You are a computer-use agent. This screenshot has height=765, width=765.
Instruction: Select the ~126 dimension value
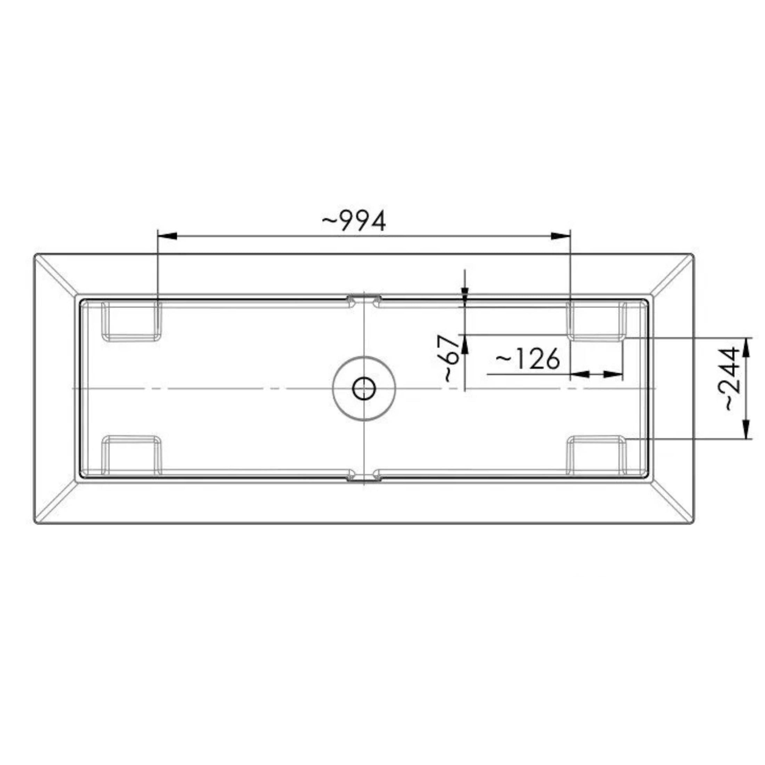[x=528, y=359]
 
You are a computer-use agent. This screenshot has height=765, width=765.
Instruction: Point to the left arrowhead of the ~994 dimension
[x=167, y=236]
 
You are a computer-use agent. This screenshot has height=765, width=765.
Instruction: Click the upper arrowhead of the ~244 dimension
[x=746, y=346]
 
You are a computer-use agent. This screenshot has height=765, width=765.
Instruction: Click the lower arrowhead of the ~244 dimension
[x=746, y=430]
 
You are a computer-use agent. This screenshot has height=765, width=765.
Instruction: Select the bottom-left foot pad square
[x=131, y=454]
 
